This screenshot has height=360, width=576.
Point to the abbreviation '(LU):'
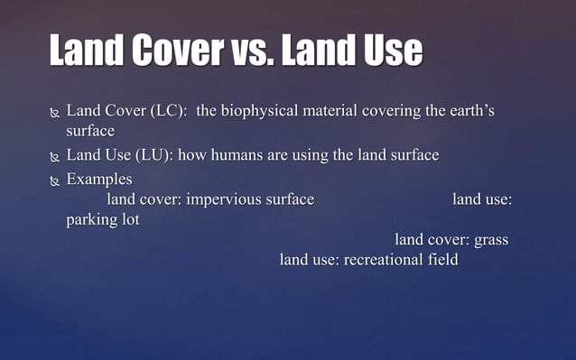tap(154, 155)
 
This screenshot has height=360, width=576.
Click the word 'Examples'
tap(99, 179)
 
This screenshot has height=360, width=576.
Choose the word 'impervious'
tap(222, 199)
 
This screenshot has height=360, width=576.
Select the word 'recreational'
tap(383, 261)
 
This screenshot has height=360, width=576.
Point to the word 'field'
tap(442, 261)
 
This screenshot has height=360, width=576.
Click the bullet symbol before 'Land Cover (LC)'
tap(55, 113)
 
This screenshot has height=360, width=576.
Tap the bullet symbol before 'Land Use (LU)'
tap(55, 156)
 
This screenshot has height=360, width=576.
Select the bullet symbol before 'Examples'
tap(55, 180)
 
